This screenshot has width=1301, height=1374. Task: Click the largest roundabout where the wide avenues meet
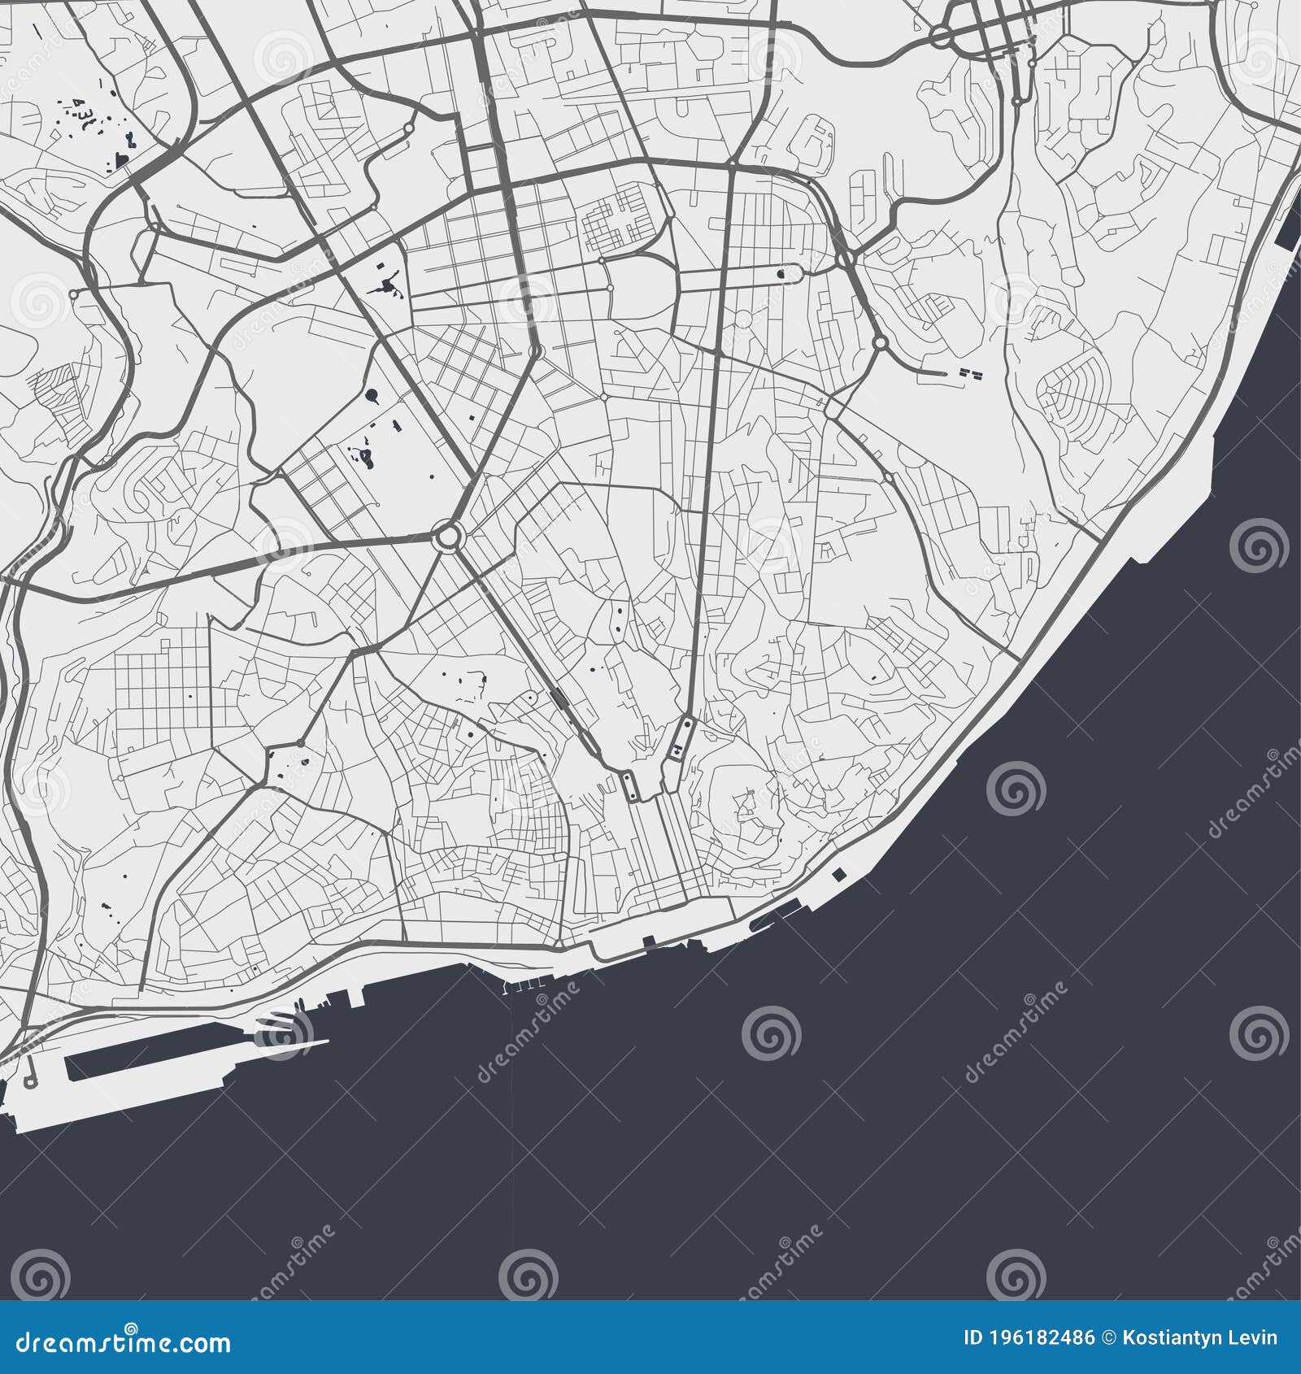tap(448, 536)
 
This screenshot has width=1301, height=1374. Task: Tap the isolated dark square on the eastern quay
tap(838, 875)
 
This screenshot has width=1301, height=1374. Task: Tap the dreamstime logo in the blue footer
tap(122, 1341)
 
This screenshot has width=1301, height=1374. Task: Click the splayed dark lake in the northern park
tap(385, 285)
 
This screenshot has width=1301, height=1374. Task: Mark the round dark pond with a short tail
tap(372, 396)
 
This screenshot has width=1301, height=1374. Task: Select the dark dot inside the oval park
tap(781, 274)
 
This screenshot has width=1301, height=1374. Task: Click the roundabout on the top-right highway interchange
tap(942, 35)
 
